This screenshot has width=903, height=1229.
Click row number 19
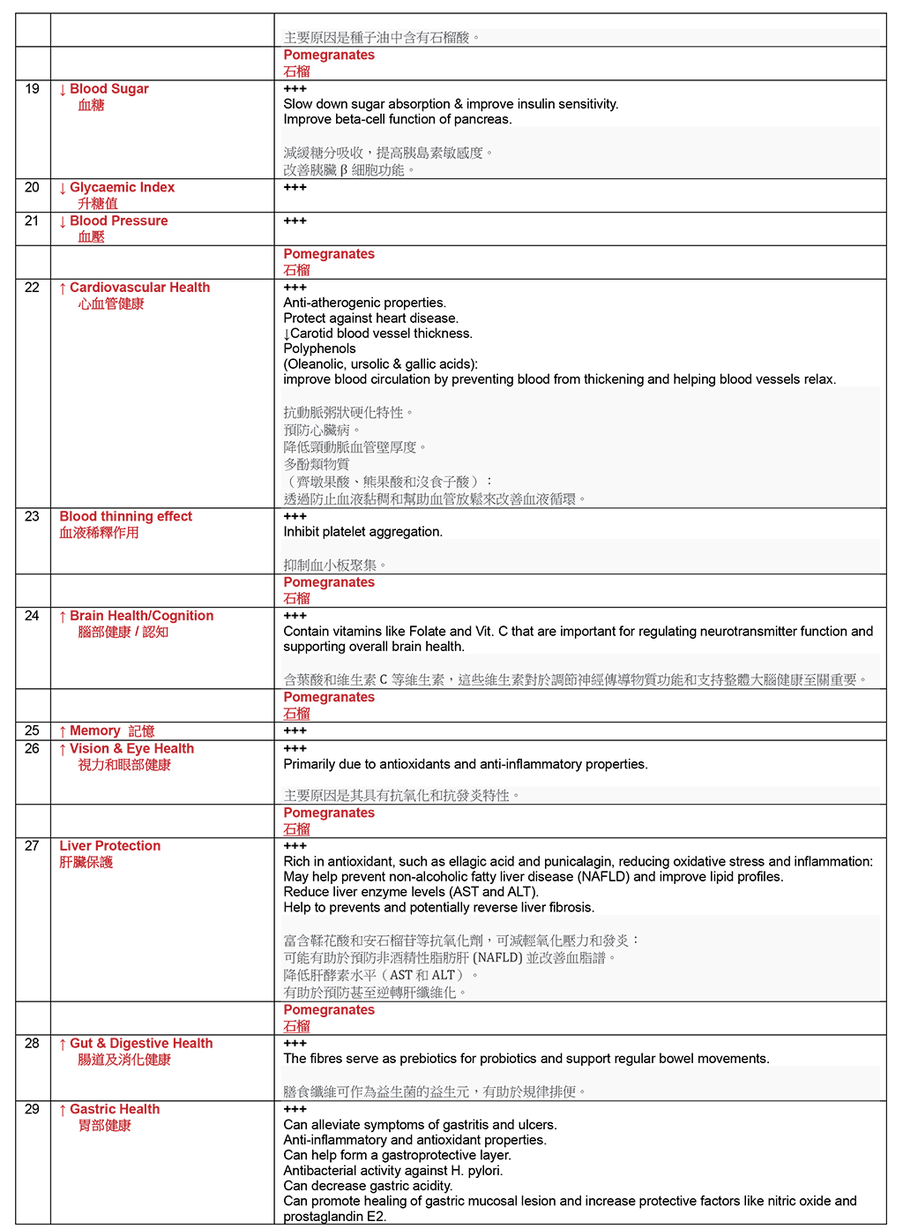point(33,89)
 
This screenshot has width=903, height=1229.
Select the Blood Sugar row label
point(108,89)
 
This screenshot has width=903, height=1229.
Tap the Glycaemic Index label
point(122,188)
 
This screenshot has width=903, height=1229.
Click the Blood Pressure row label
point(118,221)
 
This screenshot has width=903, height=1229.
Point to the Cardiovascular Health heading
point(139,288)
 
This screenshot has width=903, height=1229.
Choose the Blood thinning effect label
point(125,517)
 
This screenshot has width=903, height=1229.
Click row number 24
point(33,616)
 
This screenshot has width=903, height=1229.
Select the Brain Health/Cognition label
point(141,616)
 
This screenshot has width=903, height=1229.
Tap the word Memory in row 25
point(94,731)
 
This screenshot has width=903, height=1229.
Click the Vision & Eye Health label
point(131,749)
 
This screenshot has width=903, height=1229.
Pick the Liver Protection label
point(110,846)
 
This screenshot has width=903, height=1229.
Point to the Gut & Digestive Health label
point(141,1044)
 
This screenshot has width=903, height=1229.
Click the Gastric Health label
point(115,1110)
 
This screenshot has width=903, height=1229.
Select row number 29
point(33,1110)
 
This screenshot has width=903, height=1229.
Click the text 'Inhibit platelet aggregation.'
point(363,532)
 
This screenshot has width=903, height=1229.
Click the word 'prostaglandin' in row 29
point(322,1217)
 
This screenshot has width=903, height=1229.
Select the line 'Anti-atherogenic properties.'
point(365,303)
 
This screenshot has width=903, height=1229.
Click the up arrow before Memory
point(63,731)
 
